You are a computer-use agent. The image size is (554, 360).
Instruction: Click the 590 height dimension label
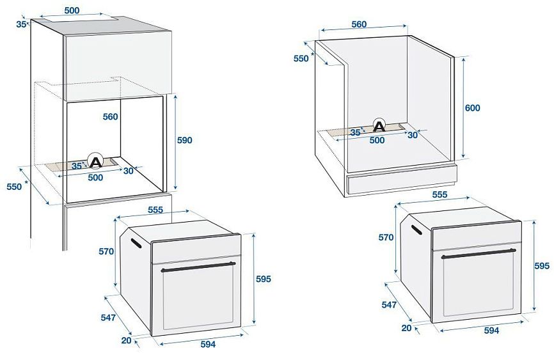pyautogui.click(x=184, y=140)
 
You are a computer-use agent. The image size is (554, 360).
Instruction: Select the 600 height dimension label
pyautogui.click(x=472, y=108)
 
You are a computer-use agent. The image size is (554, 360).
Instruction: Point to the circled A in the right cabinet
pyautogui.click(x=379, y=125)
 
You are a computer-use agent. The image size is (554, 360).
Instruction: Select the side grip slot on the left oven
pyautogui.click(x=135, y=243)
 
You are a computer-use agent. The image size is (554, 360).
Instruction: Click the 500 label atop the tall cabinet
pyautogui.click(x=72, y=10)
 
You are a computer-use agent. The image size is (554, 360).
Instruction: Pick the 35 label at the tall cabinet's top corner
pyautogui.click(x=21, y=24)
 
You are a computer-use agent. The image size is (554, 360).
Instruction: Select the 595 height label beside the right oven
pyautogui.click(x=541, y=265)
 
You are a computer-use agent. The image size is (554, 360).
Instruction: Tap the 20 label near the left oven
pyautogui.click(x=125, y=340)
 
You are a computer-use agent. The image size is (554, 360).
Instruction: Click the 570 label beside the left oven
pyautogui.click(x=106, y=251)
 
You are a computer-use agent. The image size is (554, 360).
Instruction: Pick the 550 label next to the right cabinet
pyautogui.click(x=301, y=58)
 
